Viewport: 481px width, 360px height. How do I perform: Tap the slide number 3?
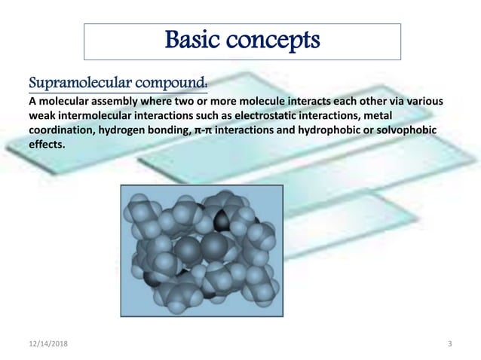pos(449,344)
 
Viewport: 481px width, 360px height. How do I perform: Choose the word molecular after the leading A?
pos(66,102)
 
